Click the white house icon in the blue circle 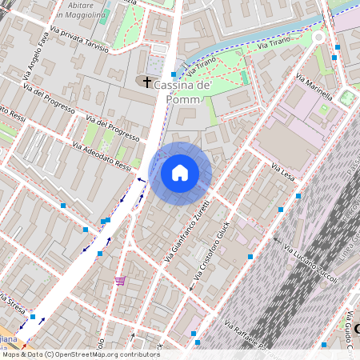tap(180, 173)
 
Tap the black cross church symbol tap(146, 82)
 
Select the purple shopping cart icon tap(120, 280)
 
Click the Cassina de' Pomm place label tap(182, 91)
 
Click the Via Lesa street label tap(282, 172)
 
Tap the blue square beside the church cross tap(173, 74)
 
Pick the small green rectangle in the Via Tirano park tap(244, 77)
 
